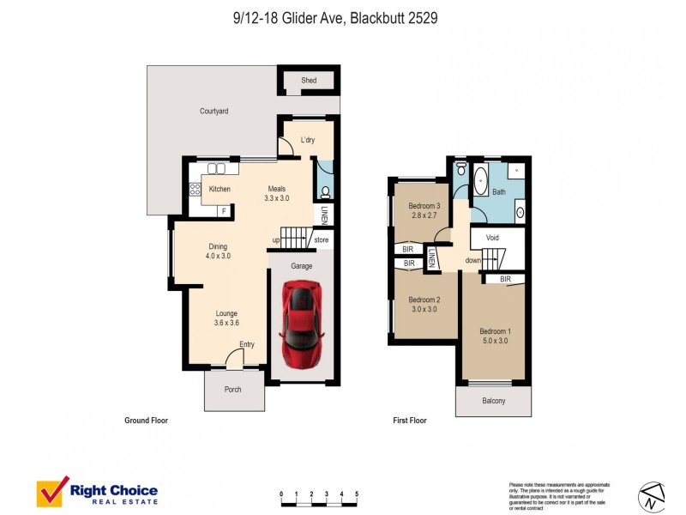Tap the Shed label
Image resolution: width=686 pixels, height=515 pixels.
309,81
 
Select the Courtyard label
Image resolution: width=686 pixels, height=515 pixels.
214,112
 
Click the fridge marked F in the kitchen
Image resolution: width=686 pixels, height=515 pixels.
224,210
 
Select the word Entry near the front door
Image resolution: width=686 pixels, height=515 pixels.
247,345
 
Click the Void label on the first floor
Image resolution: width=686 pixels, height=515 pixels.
492,238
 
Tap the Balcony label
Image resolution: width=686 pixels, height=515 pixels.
493,401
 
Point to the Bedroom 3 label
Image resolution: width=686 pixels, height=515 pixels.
424,206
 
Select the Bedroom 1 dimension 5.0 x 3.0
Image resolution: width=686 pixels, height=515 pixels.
494,341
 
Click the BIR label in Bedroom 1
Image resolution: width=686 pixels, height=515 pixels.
505,279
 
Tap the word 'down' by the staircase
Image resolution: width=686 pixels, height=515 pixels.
473,260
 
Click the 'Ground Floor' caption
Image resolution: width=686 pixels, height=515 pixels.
146,421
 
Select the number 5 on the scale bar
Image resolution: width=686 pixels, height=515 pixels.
356,494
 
